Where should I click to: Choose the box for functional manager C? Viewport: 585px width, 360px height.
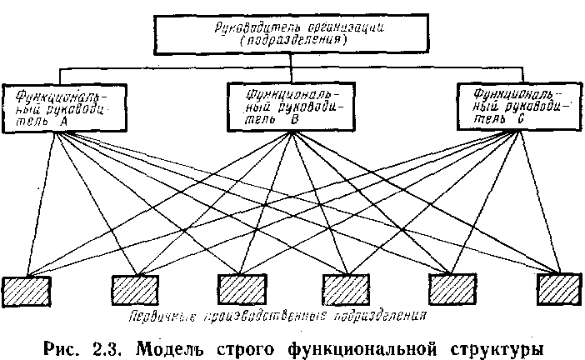click(x=510, y=106)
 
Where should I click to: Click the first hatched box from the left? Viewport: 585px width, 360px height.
click(x=25, y=290)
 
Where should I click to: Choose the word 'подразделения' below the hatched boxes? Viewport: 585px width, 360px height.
click(x=382, y=317)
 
